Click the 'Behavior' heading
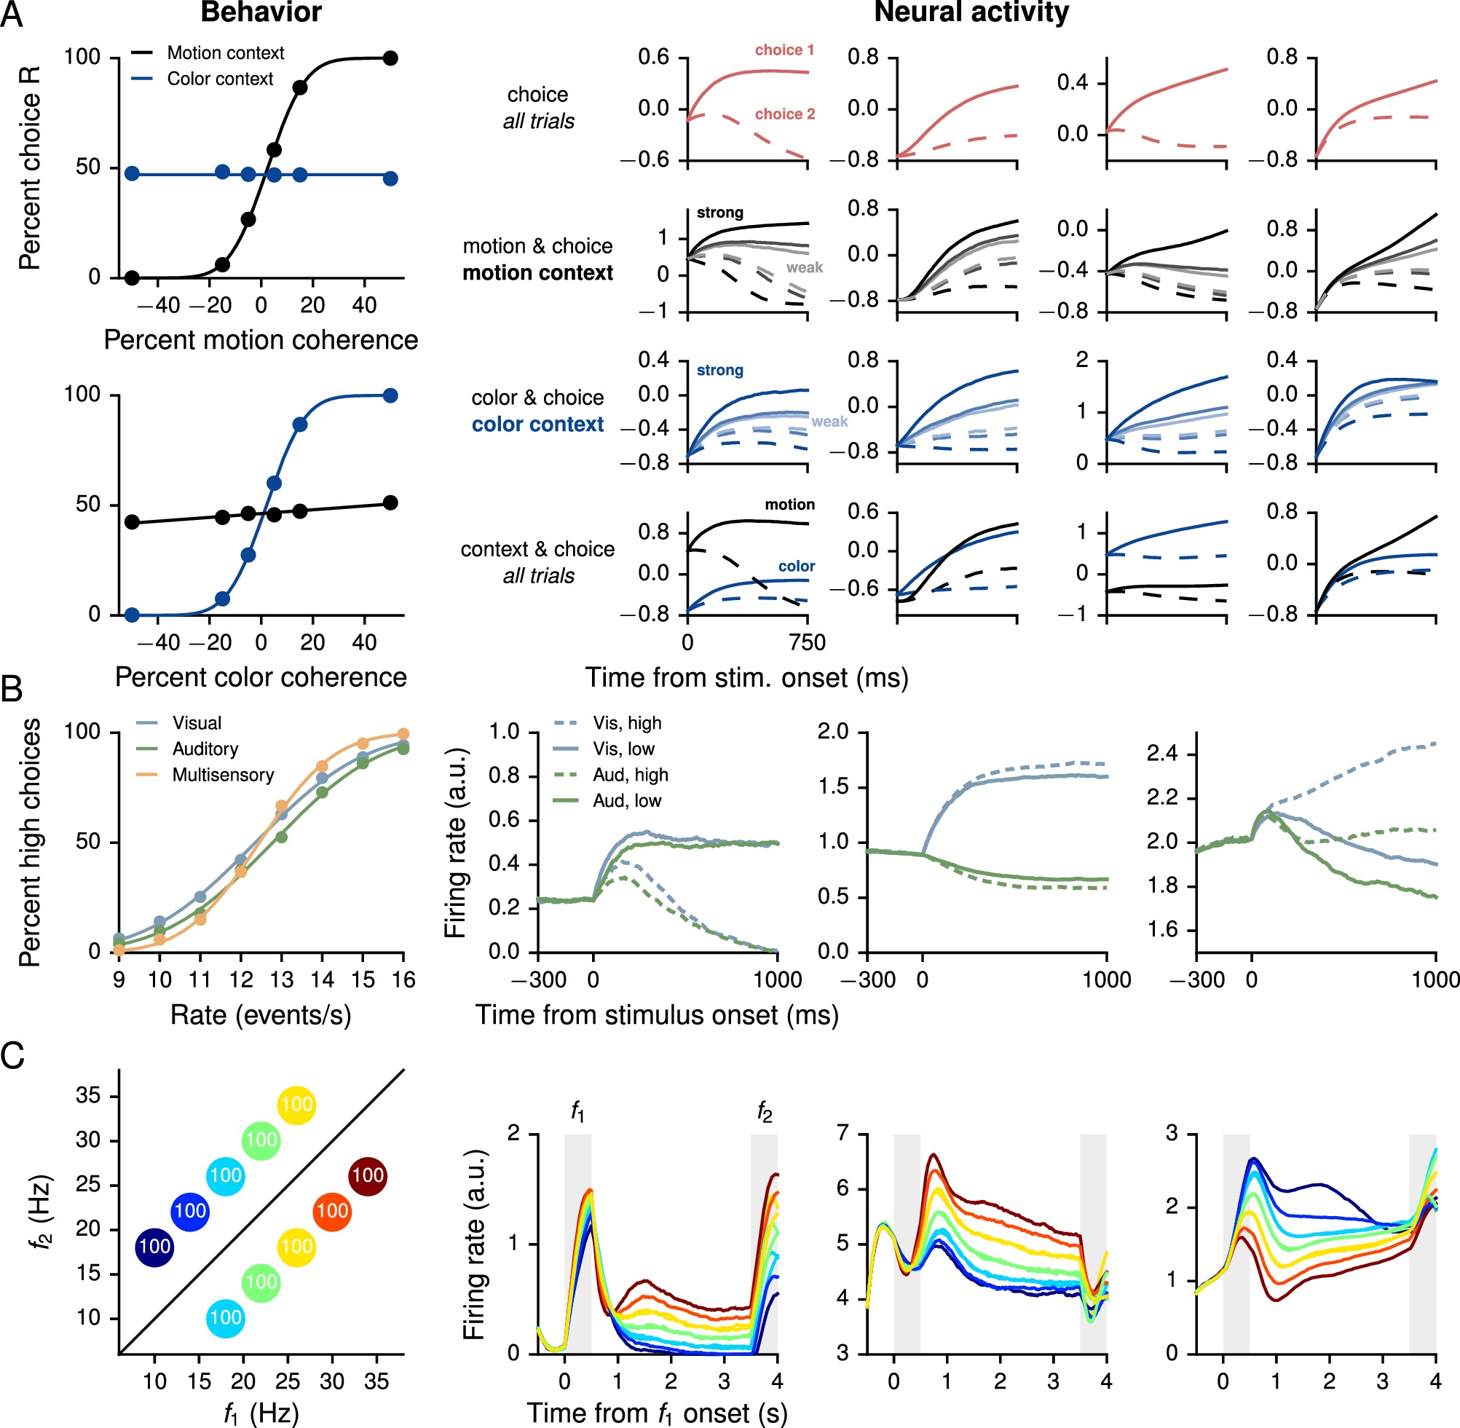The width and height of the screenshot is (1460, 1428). coord(261,13)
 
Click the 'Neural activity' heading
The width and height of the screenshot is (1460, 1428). coord(971,13)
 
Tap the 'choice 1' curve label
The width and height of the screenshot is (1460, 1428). coord(784,50)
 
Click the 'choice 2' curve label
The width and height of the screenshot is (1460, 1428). coord(784,114)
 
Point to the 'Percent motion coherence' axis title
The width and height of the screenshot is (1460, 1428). coord(261,340)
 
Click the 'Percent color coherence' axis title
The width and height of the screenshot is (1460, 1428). coord(261,677)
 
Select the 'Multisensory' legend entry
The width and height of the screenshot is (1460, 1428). coord(223,775)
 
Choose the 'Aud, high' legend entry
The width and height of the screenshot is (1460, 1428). coord(630,775)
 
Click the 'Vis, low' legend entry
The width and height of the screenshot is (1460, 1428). coord(623,749)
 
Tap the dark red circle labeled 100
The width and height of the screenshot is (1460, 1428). coord(368,1175)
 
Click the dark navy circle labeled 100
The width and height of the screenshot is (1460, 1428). coord(154,1247)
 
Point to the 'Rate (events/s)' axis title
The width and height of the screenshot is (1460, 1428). coord(261,1015)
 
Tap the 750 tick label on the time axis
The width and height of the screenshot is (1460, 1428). coord(807,643)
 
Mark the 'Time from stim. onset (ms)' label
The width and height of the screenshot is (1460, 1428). coord(746,678)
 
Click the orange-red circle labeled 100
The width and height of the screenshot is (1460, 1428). coord(331,1210)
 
